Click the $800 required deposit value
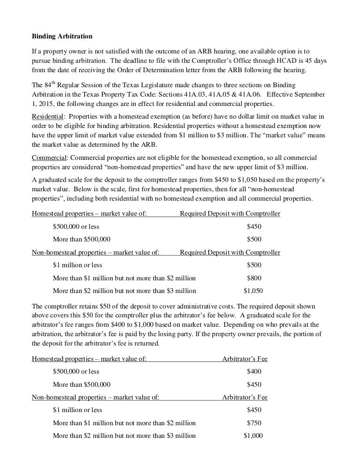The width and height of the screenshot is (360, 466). tap(254, 278)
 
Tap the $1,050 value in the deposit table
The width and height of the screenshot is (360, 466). tap(253, 290)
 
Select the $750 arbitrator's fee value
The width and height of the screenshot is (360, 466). tap(254, 422)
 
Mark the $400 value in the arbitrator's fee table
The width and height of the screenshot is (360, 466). tap(254, 371)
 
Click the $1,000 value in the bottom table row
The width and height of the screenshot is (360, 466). tap(253, 435)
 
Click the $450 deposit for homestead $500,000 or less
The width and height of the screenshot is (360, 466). tap(254, 226)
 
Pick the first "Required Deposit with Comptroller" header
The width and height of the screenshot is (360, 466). tap(230, 214)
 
